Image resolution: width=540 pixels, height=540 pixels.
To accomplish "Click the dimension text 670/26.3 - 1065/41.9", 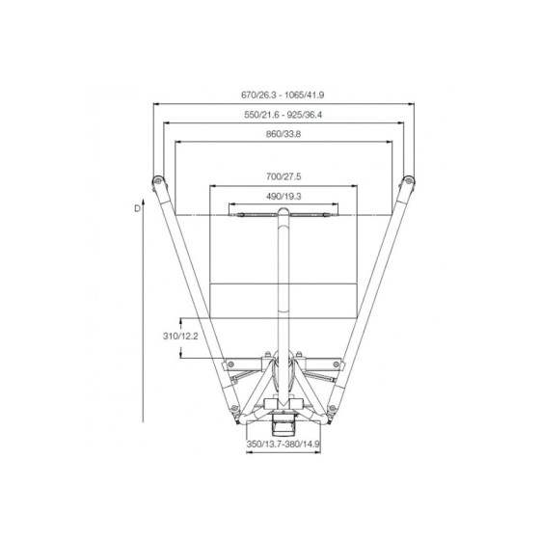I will (283, 94).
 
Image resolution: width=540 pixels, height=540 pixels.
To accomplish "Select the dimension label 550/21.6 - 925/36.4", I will (283, 115).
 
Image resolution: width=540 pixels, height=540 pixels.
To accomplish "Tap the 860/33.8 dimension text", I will (283, 135).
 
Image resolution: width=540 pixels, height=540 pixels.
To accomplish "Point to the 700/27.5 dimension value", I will (283, 177).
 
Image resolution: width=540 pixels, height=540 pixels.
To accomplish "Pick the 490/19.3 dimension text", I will (283, 197).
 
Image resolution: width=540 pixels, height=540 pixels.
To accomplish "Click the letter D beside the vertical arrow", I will (138, 206).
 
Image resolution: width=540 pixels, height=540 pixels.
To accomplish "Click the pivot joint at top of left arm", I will (156, 182).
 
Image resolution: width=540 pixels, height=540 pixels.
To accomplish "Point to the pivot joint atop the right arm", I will (410, 182).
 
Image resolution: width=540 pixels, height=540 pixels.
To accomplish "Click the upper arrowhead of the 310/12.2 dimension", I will (182, 319).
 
